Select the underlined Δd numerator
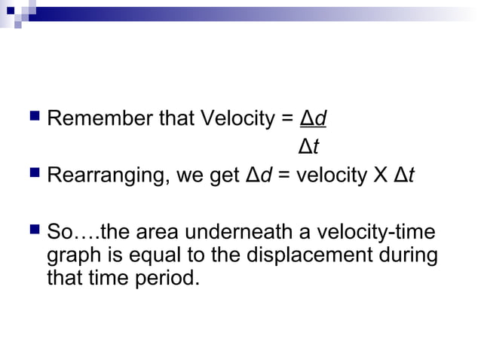313,119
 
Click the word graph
70,255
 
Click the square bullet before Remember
31,117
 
